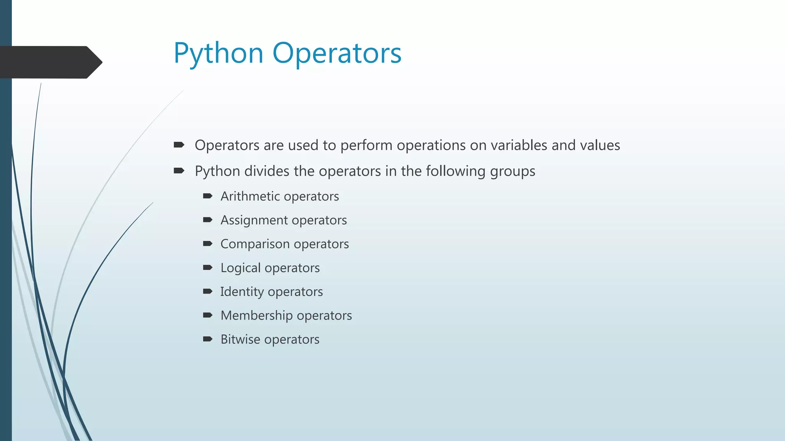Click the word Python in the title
[x=218, y=54]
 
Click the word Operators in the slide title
[x=337, y=54]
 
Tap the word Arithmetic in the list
[x=250, y=196]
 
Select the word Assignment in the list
[x=254, y=220]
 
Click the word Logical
[x=240, y=268]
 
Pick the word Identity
[x=242, y=292]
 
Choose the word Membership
[x=256, y=315]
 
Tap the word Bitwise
[x=240, y=339]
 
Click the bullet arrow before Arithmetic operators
[x=208, y=196]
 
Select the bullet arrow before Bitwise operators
[x=208, y=339]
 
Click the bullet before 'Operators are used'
[x=179, y=145]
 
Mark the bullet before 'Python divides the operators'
[x=179, y=170]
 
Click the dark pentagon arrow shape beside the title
[x=50, y=62]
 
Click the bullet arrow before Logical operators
[x=208, y=267]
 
